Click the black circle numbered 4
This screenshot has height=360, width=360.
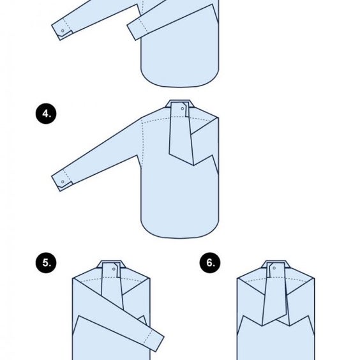[x=46, y=114]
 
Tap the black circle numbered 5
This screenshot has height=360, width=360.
[x=46, y=262]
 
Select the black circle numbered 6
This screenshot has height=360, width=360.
[x=210, y=262]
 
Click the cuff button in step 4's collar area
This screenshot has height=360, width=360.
[x=183, y=109]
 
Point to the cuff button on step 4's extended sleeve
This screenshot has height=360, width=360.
[x=63, y=182]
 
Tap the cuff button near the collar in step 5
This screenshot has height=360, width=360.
[x=114, y=269]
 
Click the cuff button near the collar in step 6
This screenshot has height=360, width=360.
[x=274, y=268]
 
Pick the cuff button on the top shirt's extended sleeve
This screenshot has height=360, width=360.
[x=63, y=31]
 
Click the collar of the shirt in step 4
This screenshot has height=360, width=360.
[x=180, y=103]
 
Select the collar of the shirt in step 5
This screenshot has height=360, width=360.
[x=111, y=264]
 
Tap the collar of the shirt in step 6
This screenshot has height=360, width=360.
[x=276, y=264]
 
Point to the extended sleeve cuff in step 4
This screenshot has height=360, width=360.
[x=62, y=181]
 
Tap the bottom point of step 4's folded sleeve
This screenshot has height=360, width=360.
[x=193, y=165]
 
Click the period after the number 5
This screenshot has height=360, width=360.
[x=50, y=266]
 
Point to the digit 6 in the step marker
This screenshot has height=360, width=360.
[x=209, y=262]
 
